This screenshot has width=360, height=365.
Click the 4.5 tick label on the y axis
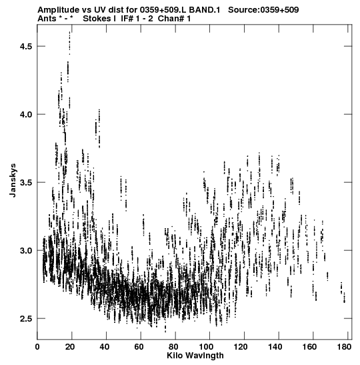point(25,46)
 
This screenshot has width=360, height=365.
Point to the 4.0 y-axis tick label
point(25,114)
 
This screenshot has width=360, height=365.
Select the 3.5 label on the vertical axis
point(25,182)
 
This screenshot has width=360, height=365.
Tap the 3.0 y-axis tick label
point(25,250)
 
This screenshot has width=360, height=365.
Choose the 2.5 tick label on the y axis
point(25,318)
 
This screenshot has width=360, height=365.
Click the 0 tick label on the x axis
point(37,347)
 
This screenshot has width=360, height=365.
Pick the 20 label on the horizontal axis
point(70,347)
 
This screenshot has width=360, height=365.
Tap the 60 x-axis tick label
point(139,347)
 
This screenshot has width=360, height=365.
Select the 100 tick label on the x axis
point(207,347)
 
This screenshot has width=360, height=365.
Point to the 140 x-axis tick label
point(275,347)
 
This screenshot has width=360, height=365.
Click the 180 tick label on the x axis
point(345,347)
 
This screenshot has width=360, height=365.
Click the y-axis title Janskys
point(13,180)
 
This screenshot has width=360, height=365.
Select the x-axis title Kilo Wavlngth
point(195,356)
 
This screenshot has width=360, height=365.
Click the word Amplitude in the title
point(58,10)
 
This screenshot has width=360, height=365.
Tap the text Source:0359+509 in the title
point(263,10)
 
